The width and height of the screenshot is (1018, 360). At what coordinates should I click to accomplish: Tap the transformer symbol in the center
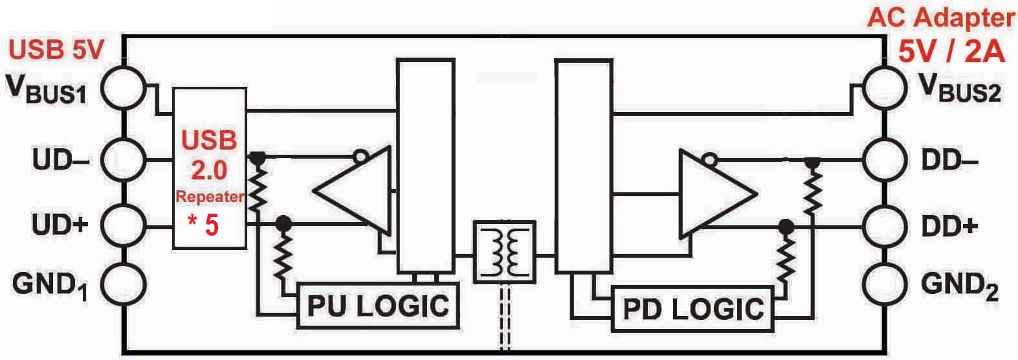(504, 253)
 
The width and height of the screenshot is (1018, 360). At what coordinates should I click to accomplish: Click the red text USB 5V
(56, 50)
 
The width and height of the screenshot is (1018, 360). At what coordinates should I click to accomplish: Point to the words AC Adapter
(941, 19)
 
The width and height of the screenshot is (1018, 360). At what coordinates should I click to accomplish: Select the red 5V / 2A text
(951, 52)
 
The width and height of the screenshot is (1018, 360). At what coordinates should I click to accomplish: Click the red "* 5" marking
(203, 225)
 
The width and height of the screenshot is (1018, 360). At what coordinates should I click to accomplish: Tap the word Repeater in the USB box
(210, 196)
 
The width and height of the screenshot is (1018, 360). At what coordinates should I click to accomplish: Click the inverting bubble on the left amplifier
(360, 157)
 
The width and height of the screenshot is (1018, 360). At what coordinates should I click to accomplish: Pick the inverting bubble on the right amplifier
(709, 159)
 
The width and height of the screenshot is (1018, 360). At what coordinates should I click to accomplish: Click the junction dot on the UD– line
(258, 158)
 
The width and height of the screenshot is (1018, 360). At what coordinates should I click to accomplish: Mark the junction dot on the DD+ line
(786, 227)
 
